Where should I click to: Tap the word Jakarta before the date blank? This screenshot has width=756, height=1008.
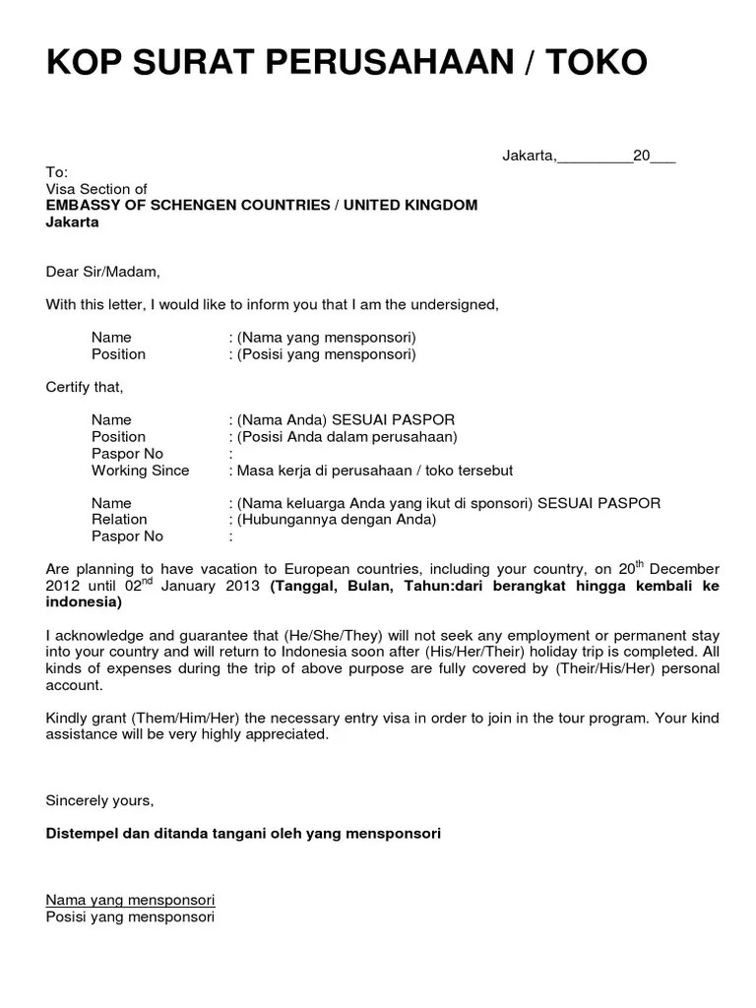click(x=529, y=156)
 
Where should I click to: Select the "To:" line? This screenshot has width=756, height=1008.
click(x=56, y=172)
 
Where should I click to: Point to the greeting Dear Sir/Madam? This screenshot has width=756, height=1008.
click(x=102, y=272)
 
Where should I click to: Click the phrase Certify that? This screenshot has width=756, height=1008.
click(x=85, y=387)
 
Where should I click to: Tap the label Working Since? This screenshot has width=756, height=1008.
click(x=140, y=471)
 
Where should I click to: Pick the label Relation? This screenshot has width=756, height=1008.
click(x=119, y=520)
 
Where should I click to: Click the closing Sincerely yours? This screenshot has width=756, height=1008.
click(x=99, y=800)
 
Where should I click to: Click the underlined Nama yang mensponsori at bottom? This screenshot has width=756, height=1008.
click(x=131, y=900)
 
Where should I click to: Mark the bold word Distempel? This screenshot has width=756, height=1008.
click(x=85, y=834)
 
